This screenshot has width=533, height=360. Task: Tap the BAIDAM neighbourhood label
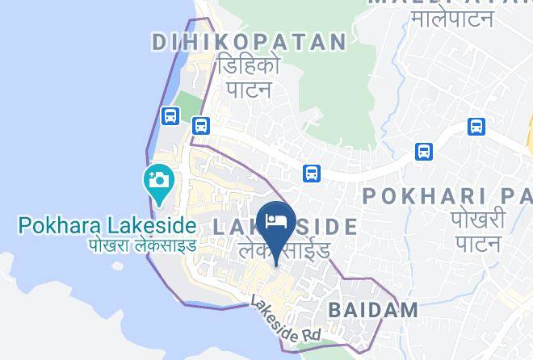point(373,308)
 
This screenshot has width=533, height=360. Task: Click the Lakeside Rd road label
point(284,321)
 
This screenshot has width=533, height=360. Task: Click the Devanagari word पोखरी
point(478,220)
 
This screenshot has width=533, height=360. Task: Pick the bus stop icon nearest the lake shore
point(170,116)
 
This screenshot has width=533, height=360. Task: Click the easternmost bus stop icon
point(476,126)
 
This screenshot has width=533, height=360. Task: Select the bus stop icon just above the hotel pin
point(312,173)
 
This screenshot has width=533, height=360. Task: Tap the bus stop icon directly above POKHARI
point(423,151)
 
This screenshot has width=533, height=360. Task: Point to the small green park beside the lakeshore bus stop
point(187,105)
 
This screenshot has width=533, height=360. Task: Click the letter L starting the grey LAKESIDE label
point(220,228)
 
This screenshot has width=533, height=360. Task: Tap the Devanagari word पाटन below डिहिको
point(247,89)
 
